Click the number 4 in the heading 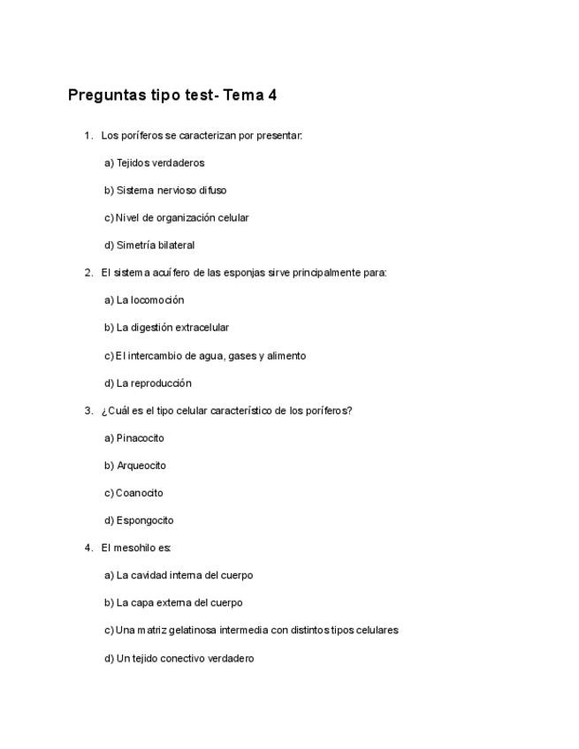[x=272, y=95]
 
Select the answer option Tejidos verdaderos [x=154, y=163]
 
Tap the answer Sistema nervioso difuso [x=164, y=190]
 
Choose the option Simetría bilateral [x=149, y=245]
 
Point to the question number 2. [x=88, y=272]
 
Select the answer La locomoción [x=144, y=299]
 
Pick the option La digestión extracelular [x=166, y=327]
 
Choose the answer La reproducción [x=148, y=382]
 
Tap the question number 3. [x=88, y=410]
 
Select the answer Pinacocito [x=134, y=437]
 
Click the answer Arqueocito [x=135, y=465]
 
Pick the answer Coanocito [x=133, y=492]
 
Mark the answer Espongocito [x=139, y=519]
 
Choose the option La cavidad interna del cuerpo [x=179, y=575]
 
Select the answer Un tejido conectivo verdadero [x=179, y=658]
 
